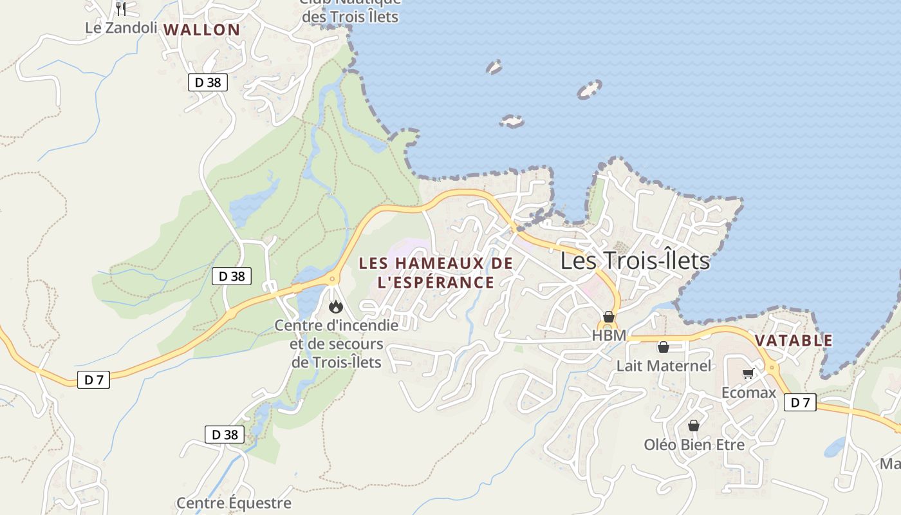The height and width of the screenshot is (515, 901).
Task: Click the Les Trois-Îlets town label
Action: click(x=635, y=261)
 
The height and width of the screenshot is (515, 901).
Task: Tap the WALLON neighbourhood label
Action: click(x=201, y=30)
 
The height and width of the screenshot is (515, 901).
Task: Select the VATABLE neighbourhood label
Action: click(x=794, y=341)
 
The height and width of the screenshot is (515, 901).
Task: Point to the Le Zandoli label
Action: click(x=121, y=28)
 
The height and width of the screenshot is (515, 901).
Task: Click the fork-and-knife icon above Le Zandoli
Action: click(x=120, y=8)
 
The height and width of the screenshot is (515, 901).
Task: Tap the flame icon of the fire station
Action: click(x=335, y=307)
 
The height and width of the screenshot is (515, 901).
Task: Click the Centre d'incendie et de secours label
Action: click(x=337, y=344)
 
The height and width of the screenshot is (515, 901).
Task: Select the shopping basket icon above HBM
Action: click(x=608, y=317)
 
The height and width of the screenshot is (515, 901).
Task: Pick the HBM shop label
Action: click(x=608, y=335)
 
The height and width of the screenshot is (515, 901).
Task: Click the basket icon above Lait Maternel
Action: click(x=664, y=348)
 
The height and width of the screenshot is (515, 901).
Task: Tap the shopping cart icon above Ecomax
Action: click(x=748, y=374)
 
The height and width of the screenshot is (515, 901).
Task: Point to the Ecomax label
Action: click(x=748, y=392)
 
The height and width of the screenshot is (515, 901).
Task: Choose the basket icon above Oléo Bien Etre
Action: click(x=694, y=426)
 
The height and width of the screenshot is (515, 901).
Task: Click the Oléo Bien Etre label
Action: click(x=694, y=445)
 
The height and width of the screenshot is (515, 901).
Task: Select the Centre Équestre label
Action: click(x=234, y=503)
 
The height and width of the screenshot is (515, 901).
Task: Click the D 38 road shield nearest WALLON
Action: click(x=208, y=82)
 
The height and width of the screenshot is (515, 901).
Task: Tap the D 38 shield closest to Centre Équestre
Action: click(x=225, y=435)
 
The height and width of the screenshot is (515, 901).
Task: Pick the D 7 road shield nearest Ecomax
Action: click(x=800, y=403)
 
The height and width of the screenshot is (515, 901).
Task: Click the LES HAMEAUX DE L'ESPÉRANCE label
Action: click(x=436, y=273)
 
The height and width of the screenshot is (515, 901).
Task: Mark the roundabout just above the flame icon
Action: click(x=333, y=279)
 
